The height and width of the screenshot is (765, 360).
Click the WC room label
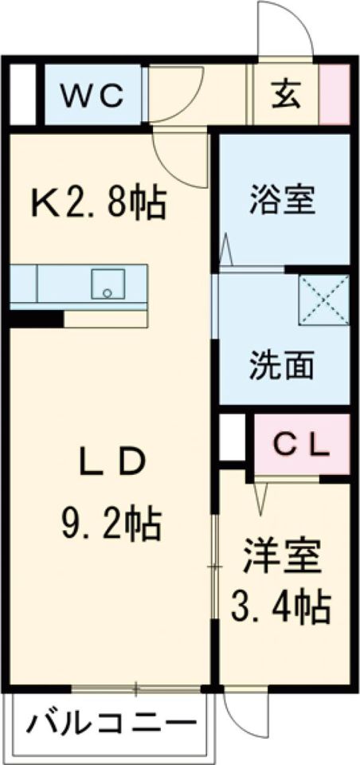click(93, 97)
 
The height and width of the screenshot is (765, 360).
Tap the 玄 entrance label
click(286, 96)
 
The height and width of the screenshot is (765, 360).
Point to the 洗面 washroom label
click(284, 367)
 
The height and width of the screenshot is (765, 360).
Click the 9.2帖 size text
click(112, 524)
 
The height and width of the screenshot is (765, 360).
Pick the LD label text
click(111, 465)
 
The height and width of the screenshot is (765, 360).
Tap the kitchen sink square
click(107, 283)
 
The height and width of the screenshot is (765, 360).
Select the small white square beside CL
click(231, 437)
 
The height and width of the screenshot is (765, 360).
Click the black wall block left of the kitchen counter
click(36, 319)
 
